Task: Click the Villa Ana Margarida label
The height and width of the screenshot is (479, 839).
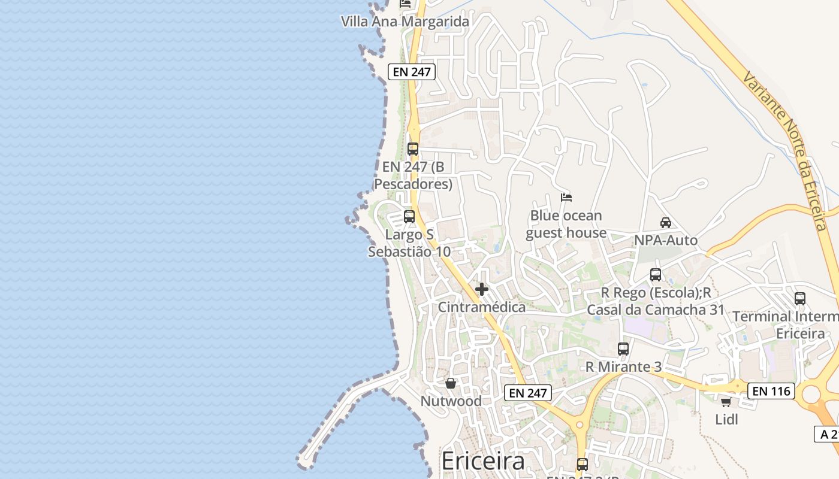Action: coord(405,22)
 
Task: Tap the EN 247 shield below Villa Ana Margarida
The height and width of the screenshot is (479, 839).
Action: coord(411,72)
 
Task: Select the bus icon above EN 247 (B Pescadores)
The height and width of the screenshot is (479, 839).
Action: coord(413,149)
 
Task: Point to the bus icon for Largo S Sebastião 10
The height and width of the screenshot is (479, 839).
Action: coord(409,217)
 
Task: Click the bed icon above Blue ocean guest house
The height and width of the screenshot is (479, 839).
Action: coord(566,197)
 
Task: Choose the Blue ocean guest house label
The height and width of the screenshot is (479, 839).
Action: coord(566,225)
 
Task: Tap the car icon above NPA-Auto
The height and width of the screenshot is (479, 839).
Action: coord(665,223)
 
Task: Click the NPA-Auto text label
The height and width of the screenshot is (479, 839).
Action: coord(666,241)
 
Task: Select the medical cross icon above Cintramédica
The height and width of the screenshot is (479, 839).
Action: coord(481,290)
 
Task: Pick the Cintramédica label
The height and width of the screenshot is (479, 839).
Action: coord(482,307)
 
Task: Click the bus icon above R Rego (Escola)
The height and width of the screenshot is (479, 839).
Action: coord(656,275)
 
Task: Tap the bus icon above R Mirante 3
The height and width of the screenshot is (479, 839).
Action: coord(623,349)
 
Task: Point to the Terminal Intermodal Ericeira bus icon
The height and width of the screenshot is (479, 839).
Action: coord(800,299)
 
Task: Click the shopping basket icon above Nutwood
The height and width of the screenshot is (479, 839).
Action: coord(451,383)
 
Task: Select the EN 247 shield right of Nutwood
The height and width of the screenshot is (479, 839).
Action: coord(527,393)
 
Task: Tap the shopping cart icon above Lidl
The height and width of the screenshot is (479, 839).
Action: coord(726,402)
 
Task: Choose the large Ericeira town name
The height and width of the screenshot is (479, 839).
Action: coord(483,461)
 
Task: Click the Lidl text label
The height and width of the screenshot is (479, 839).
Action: coord(726,420)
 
